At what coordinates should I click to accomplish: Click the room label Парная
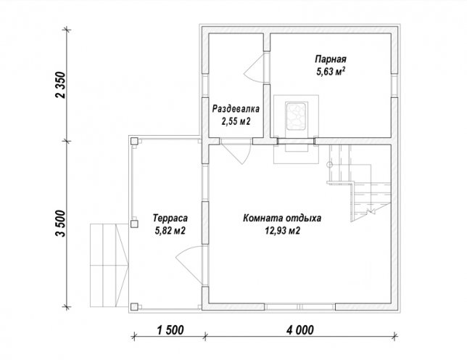(x=331, y=59)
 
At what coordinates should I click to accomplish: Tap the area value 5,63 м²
(x=331, y=72)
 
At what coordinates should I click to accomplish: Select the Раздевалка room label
(x=236, y=109)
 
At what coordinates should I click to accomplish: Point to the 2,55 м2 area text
(x=236, y=121)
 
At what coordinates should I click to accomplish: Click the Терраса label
(x=170, y=218)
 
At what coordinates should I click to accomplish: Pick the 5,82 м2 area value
(x=170, y=230)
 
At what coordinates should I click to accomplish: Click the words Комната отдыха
(x=282, y=218)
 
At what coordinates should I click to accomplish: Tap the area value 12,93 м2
(x=282, y=231)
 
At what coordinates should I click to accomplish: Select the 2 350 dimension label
(x=60, y=85)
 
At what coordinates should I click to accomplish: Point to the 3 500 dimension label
(x=60, y=224)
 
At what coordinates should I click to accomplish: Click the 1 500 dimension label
(x=170, y=330)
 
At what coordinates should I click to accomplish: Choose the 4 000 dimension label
(x=300, y=330)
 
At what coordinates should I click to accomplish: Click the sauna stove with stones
(x=296, y=116)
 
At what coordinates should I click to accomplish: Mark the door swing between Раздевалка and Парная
(x=254, y=67)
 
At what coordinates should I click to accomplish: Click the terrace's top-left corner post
(x=134, y=141)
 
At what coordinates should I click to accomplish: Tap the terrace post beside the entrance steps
(x=134, y=224)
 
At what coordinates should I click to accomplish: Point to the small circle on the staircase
(x=329, y=164)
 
